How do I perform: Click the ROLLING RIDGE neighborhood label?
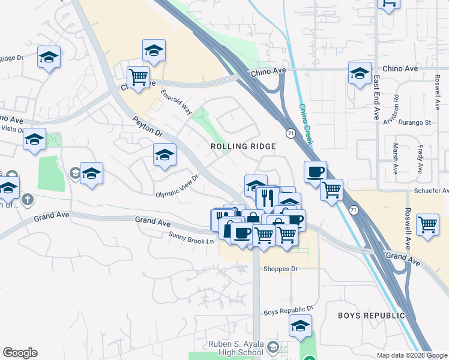(243, 146)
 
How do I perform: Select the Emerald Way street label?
(176, 102)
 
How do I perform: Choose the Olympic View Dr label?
(177, 187)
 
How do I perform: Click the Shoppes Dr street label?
(281, 269)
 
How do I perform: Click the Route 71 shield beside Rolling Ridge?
(290, 133)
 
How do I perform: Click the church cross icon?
(27, 199)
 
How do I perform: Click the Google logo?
(20, 353)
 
